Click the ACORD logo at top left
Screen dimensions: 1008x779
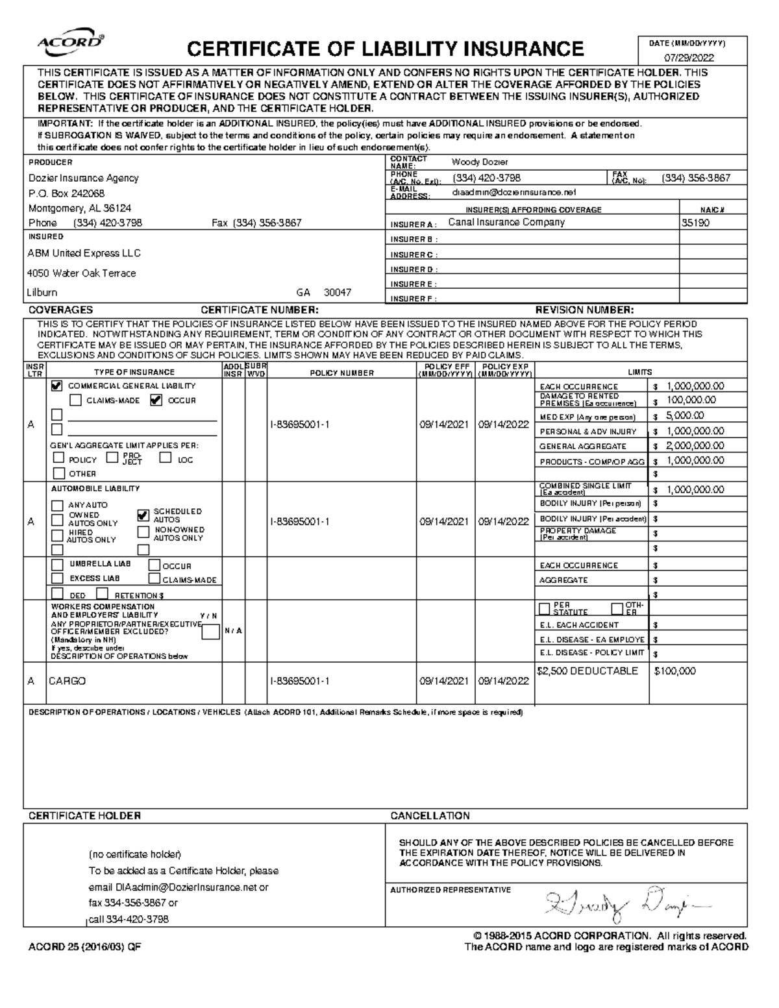[71, 43]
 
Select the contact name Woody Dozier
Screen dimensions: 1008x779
[480, 162]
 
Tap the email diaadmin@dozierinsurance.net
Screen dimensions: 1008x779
[513, 193]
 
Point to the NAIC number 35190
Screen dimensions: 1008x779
[695, 223]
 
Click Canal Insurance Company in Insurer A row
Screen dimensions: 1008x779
[506, 223]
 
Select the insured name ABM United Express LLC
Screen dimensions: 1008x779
[84, 253]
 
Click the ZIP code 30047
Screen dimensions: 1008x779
[338, 293]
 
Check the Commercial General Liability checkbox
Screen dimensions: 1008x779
[57, 386]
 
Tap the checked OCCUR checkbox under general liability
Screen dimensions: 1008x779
[156, 400]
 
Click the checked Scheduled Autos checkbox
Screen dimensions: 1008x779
[143, 515]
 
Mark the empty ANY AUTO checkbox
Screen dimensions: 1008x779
[58, 505]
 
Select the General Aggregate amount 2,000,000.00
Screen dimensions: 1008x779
[695, 446]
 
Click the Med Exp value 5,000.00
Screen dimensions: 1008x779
[685, 416]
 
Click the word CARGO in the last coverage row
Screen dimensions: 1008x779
[67, 682]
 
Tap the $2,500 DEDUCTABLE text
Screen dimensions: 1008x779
[588, 671]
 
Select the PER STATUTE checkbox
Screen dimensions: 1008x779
[544, 609]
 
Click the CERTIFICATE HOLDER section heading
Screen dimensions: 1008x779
[84, 816]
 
